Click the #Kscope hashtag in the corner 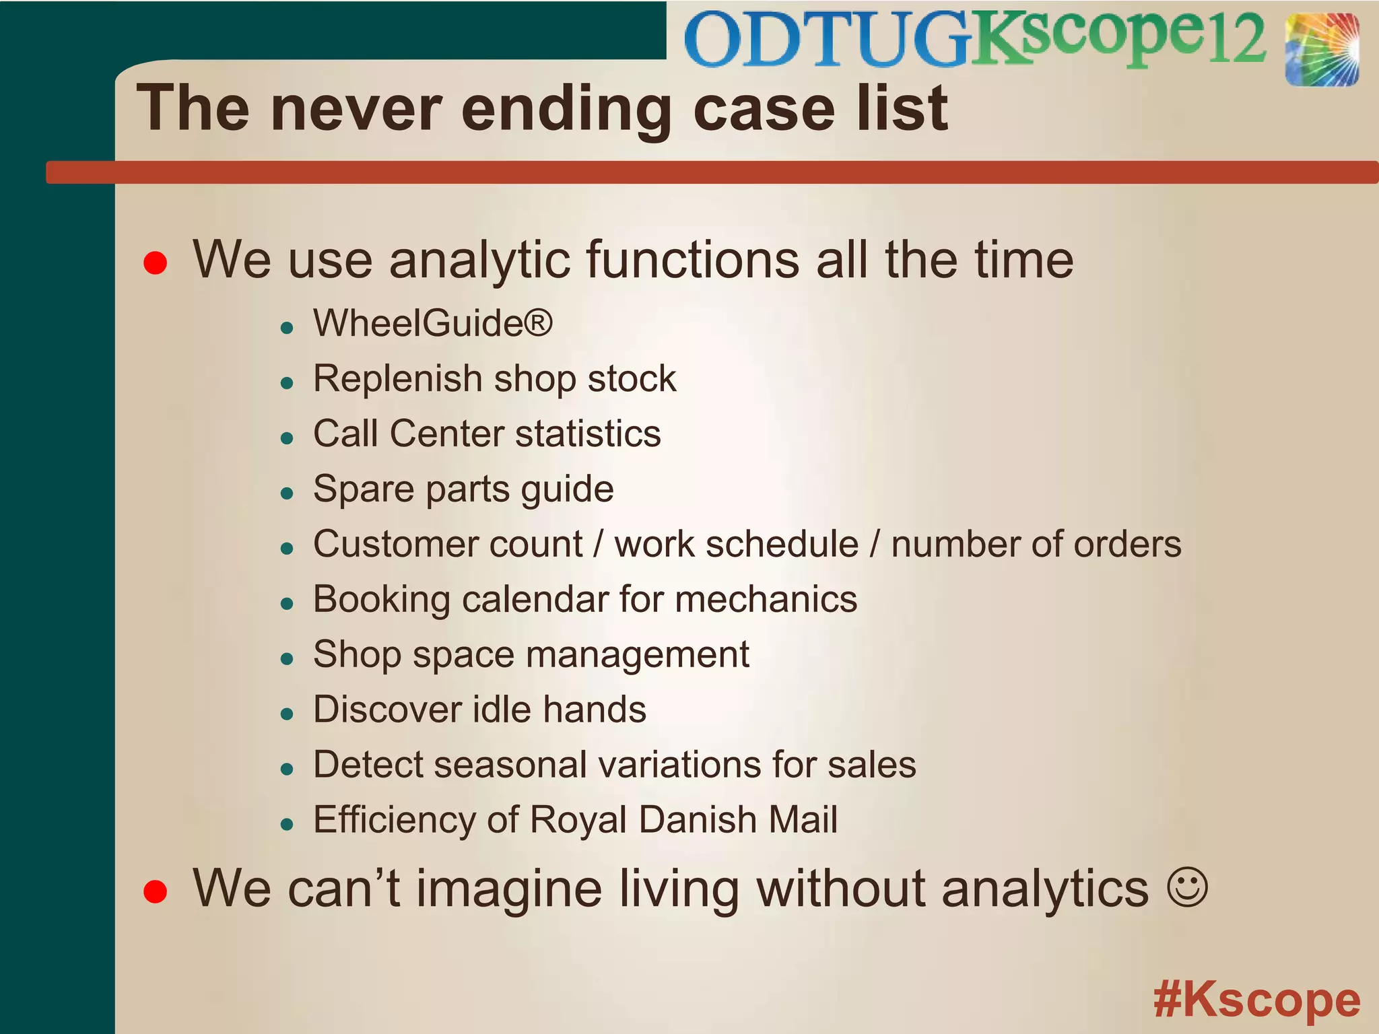pyautogui.click(x=1256, y=1000)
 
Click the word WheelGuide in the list pyautogui.click(x=417, y=323)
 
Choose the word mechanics pyautogui.click(x=766, y=599)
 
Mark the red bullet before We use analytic pyautogui.click(x=156, y=263)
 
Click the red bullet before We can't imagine pyautogui.click(x=156, y=891)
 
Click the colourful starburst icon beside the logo pyautogui.click(x=1321, y=50)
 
